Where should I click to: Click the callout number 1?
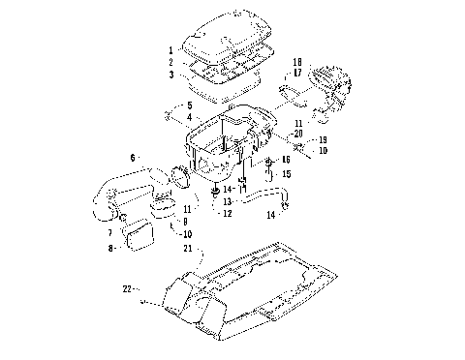170,49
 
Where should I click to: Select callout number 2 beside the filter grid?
170,61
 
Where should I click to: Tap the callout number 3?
170,74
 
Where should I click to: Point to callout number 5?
190,105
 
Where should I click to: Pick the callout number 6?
133,156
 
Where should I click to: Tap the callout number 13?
227,200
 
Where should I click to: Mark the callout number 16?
286,158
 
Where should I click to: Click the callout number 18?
297,61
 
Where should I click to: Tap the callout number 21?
187,248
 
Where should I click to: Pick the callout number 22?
127,288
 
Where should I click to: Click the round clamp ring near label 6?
179,175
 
